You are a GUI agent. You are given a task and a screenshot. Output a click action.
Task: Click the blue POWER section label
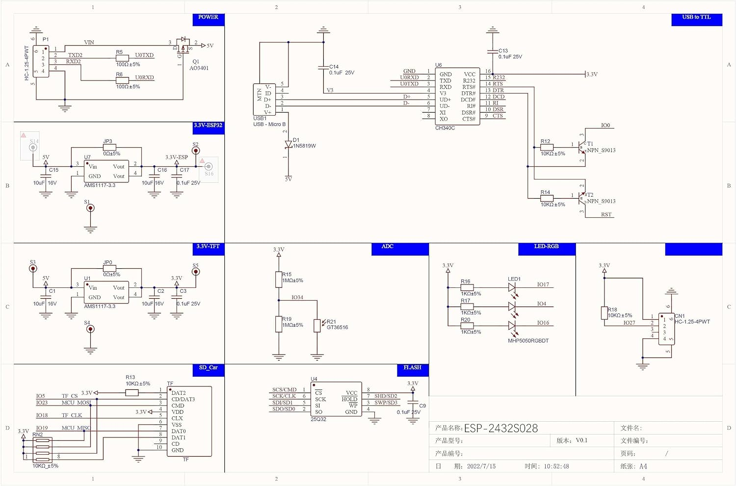click(x=209, y=18)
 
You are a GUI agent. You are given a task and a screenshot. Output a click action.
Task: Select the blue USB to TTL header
click(x=696, y=18)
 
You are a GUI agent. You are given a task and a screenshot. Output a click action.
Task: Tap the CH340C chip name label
click(x=445, y=128)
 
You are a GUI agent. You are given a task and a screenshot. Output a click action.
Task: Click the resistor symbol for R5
click(x=122, y=58)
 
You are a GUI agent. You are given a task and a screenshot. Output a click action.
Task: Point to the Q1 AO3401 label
click(x=198, y=65)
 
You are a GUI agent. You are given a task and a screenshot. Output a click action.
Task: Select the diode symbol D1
click(x=289, y=144)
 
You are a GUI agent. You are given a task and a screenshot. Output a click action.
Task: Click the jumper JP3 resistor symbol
click(x=109, y=147)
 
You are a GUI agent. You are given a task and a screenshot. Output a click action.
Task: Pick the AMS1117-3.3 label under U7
click(x=100, y=185)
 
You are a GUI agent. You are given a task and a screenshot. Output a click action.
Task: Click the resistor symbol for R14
click(x=547, y=199)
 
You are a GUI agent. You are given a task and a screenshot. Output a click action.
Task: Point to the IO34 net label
click(x=297, y=297)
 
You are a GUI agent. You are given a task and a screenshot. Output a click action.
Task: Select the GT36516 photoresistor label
click(x=337, y=328)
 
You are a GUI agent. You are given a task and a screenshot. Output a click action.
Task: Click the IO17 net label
click(x=543, y=284)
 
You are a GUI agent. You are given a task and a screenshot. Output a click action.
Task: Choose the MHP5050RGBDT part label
click(x=528, y=341)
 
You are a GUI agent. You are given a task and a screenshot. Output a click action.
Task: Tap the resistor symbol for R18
click(x=605, y=313)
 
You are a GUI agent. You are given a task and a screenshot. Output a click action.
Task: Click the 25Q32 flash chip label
click(x=318, y=419)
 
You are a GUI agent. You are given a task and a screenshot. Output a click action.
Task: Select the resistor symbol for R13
click(x=131, y=393)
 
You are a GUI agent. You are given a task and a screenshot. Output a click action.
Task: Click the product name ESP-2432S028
click(x=501, y=429)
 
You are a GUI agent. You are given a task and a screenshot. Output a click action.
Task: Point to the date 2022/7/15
click(x=481, y=466)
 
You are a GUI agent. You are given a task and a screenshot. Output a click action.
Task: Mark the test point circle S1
click(x=90, y=208)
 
